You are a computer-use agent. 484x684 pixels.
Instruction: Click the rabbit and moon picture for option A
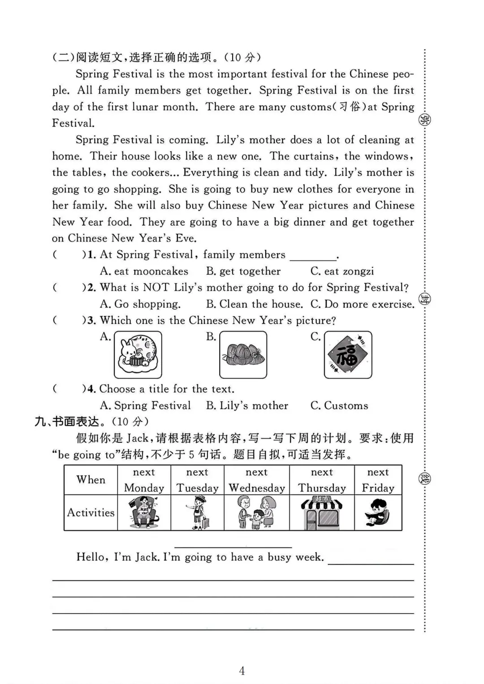pyautogui.click(x=138, y=355)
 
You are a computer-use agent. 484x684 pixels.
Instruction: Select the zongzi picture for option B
pyautogui.click(x=243, y=355)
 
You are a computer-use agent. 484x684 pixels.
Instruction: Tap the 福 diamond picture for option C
pyautogui.click(x=348, y=355)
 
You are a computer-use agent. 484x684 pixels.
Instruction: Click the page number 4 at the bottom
pyautogui.click(x=242, y=671)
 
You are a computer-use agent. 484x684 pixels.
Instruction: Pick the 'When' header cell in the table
pyautogui.click(x=91, y=480)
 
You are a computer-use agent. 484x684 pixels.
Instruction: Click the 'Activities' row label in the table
pyautogui.click(x=91, y=512)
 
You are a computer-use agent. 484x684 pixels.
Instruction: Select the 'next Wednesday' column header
pyautogui.click(x=257, y=480)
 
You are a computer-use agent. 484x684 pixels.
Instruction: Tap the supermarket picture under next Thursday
pyautogui.click(x=322, y=512)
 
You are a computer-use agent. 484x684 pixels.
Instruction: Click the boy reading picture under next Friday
pyautogui.click(x=378, y=512)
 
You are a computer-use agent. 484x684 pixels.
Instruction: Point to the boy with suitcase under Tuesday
pyautogui.click(x=198, y=513)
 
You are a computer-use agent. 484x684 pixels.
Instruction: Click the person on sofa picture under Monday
pyautogui.click(x=144, y=513)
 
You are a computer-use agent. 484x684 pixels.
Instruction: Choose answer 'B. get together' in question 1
pyautogui.click(x=243, y=271)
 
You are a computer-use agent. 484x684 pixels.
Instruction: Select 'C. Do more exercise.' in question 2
pyautogui.click(x=362, y=304)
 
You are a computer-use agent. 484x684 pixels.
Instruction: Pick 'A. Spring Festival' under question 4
pyautogui.click(x=146, y=406)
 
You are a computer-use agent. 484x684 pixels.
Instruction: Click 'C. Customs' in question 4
pyautogui.click(x=339, y=406)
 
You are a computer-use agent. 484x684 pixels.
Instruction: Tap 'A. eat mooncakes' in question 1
pyautogui.click(x=144, y=271)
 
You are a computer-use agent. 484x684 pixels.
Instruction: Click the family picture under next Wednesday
pyautogui.click(x=257, y=513)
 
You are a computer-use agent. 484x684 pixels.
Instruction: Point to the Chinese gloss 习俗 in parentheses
pyautogui.click(x=350, y=107)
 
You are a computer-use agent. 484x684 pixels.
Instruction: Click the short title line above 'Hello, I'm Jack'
pyautogui.click(x=233, y=546)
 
